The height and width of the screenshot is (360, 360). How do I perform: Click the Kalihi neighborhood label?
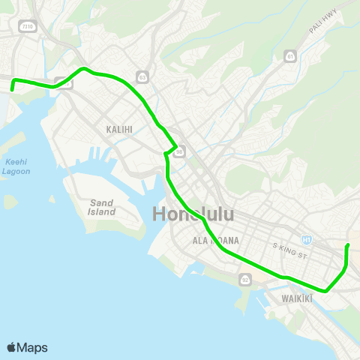tap(119, 129)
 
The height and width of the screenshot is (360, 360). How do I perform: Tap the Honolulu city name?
tap(193, 214)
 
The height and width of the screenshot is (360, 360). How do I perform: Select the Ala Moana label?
tap(215, 240)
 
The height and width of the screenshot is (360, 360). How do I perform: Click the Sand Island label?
tap(102, 207)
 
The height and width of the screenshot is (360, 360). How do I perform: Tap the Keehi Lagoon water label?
tap(16, 166)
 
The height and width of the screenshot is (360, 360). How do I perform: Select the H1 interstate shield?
tap(306, 240)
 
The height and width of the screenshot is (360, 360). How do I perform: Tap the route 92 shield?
tap(245, 279)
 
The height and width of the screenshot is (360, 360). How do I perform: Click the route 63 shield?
tap(142, 76)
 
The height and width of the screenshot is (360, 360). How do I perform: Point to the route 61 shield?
tap(290, 56)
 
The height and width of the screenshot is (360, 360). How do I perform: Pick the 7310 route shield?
tap(28, 26)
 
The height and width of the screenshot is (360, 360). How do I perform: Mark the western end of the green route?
tap(13, 89)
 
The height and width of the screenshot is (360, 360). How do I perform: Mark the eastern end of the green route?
tap(347, 245)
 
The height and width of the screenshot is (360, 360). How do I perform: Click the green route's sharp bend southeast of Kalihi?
tap(176, 145)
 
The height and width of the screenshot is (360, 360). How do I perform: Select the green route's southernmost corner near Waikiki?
tap(325, 291)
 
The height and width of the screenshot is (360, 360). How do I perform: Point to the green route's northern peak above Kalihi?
tap(84, 68)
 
